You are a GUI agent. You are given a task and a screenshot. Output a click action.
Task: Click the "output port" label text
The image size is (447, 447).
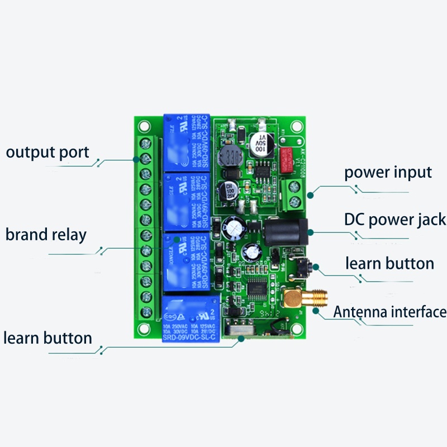pos(47,152)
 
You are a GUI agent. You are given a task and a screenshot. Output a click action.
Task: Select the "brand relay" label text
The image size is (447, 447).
pos(46,234)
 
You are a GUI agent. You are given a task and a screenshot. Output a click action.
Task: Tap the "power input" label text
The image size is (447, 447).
pos(388,172)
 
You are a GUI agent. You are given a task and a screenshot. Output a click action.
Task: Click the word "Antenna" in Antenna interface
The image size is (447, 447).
pos(361,312)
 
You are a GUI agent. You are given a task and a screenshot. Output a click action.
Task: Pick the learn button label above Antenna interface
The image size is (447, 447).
pos(389,263)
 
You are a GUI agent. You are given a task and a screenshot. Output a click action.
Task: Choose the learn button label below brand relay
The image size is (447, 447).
pos(47,338)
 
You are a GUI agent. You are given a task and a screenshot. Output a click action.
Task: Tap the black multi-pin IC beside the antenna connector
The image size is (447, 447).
pos(260,286)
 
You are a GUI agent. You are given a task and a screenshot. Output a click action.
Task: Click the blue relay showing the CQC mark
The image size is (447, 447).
pos(190,318)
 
